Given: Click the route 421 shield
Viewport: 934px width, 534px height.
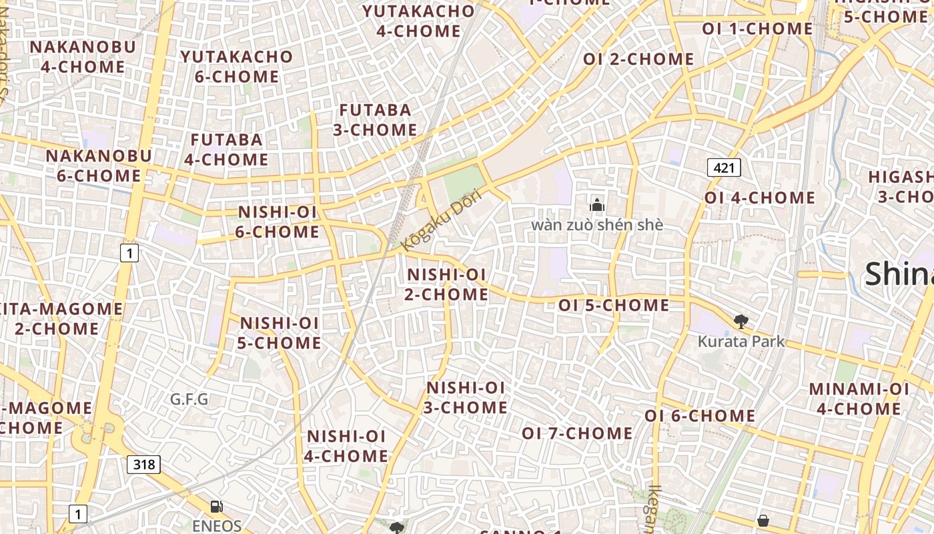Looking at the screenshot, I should tap(724, 168).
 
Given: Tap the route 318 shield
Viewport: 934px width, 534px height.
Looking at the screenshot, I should tap(144, 465).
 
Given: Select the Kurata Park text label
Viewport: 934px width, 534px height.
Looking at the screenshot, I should tap(741, 342).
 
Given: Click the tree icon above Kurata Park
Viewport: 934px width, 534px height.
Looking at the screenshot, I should tap(741, 322).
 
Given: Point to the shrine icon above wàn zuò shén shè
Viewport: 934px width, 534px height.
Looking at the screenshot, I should tap(597, 205).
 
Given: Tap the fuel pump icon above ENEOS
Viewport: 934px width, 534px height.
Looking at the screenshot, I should tap(216, 507).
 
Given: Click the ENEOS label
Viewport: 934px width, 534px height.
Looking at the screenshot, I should tap(217, 526).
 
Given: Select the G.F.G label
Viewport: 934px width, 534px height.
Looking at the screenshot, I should tap(189, 400).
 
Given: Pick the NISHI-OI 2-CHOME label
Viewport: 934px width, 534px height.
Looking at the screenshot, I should tap(446, 284).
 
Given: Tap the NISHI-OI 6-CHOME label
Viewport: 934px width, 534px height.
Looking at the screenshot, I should tap(278, 222).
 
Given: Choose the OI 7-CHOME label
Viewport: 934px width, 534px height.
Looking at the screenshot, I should tap(577, 433).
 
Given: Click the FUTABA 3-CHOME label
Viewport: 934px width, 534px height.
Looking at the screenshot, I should tap(375, 120).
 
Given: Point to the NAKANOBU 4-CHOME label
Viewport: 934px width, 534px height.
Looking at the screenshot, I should tap(83, 57).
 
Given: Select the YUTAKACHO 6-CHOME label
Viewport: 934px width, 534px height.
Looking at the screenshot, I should tap(237, 67).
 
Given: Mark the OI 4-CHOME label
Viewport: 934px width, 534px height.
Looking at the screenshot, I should tap(759, 198).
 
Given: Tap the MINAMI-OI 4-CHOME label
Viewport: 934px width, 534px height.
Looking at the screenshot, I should tap(859, 398).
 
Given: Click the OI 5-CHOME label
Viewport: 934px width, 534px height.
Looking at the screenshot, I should tap(614, 306).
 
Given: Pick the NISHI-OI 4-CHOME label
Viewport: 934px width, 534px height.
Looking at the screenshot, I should tap(346, 446).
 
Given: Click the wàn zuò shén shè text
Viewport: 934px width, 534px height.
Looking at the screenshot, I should tap(597, 225).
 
